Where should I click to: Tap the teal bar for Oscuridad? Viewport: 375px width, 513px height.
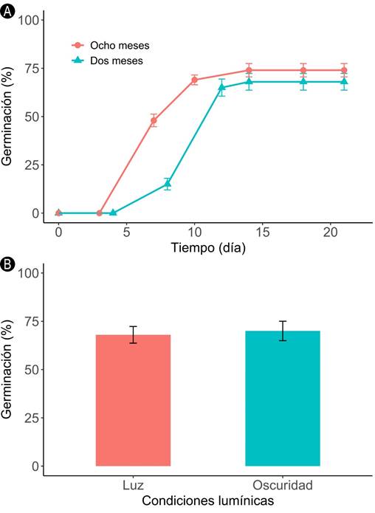(283, 398)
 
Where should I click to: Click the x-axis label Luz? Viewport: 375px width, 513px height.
(133, 486)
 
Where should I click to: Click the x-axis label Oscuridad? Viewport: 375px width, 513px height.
(283, 486)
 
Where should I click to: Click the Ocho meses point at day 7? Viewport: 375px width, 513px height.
(154, 120)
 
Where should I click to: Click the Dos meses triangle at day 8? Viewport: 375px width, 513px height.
(168, 184)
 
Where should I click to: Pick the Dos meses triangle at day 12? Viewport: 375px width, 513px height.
(221, 87)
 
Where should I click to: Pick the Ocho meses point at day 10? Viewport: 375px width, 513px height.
(194, 80)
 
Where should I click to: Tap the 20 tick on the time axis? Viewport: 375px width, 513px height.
(330, 231)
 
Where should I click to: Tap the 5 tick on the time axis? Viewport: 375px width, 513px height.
(126, 231)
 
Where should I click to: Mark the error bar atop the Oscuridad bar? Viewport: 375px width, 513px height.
(283, 331)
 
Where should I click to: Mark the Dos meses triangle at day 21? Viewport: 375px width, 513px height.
(344, 81)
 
